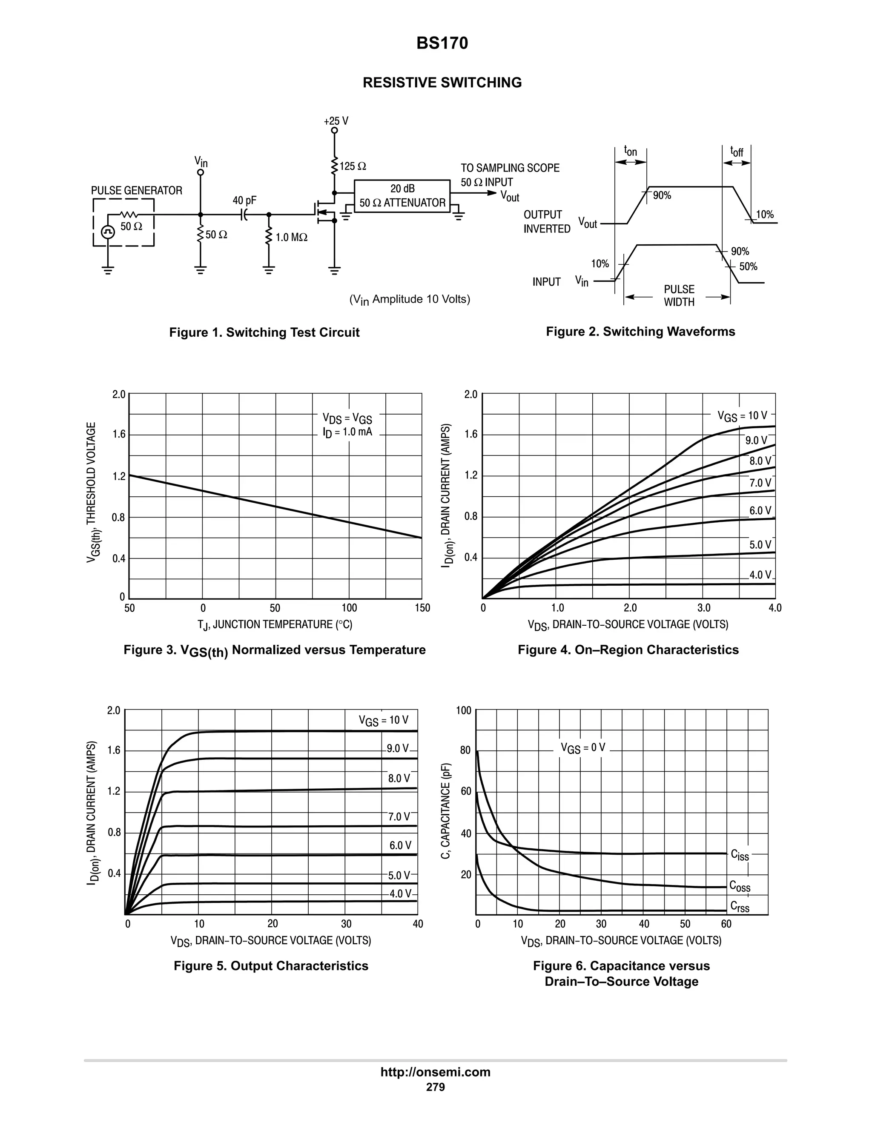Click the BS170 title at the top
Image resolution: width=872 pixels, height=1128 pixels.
coord(442,43)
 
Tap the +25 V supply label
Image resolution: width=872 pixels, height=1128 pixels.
coord(336,121)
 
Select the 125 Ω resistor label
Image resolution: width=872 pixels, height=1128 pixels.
coord(353,166)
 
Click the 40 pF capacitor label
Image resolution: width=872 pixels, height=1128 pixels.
coord(244,200)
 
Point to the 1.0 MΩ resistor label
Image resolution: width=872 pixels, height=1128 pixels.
coord(291,238)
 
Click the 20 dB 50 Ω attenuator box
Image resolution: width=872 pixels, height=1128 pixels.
coord(402,196)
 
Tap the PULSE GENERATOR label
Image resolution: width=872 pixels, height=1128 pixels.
coord(136,191)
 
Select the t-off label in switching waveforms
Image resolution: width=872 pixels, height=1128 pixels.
coord(736,152)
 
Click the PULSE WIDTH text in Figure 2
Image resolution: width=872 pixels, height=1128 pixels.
coord(679,295)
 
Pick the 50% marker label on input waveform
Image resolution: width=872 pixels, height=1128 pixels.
coord(748,266)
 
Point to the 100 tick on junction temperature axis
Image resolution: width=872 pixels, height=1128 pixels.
coord(349,608)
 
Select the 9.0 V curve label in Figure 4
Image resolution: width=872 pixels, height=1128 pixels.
coord(756,441)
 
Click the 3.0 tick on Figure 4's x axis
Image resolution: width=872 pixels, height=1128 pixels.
coord(703,608)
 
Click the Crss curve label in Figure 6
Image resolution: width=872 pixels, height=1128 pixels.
coord(739,907)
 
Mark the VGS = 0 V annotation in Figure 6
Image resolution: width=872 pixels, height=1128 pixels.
coord(583,748)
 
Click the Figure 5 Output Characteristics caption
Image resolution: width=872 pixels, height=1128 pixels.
coord(271,966)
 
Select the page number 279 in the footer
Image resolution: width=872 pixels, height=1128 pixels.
coord(436,1087)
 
